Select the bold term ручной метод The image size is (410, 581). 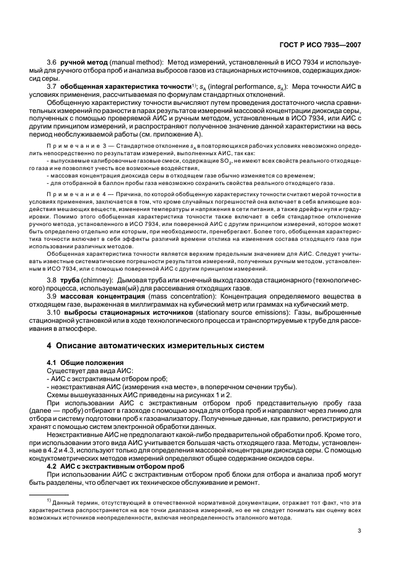[x=82, y=63]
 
